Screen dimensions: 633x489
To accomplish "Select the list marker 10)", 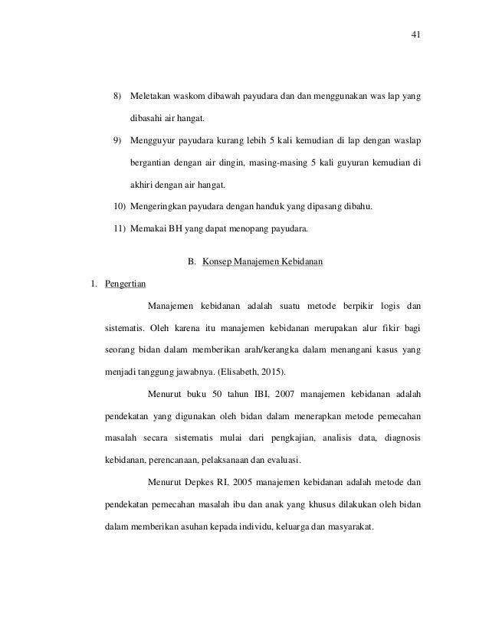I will click(120, 206).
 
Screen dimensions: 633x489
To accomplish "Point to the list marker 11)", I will click(120, 228).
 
